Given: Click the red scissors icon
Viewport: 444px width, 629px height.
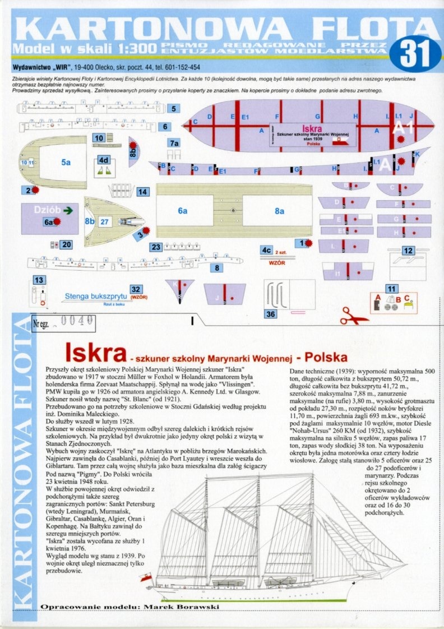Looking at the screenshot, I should tap(354, 316).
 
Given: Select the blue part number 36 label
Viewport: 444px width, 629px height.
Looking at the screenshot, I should tap(271, 314).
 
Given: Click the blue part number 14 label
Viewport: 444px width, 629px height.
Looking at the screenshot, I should tap(143, 192).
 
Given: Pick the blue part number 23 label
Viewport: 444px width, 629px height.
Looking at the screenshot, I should tap(156, 247).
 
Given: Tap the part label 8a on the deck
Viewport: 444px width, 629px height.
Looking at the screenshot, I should tap(280, 211).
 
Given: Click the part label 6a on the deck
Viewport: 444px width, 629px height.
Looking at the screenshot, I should tap(182, 211).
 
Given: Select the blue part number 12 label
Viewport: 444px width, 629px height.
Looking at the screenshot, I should tap(408, 251).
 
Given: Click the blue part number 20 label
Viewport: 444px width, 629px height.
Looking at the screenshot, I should tap(67, 244).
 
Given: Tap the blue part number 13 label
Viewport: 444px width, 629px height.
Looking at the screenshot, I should tap(39, 280).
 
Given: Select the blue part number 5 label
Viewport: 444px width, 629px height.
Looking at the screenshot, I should tap(174, 109).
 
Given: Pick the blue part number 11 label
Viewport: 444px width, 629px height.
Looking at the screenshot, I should tap(392, 289).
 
